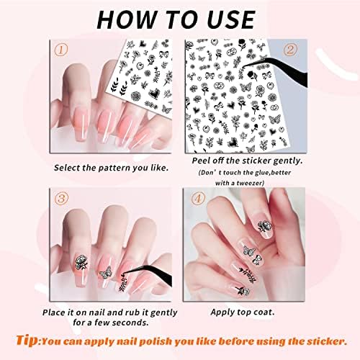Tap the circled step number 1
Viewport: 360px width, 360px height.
pyautogui.click(x=61, y=50)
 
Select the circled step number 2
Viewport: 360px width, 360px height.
pyautogui.click(x=290, y=50)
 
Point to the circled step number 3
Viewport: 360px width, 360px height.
pyautogui.click(x=61, y=198)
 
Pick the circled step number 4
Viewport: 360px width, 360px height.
pyautogui.click(x=198, y=198)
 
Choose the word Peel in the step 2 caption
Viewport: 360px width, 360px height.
pyautogui.click(x=201, y=161)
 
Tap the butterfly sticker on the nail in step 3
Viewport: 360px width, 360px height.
pyautogui.click(x=105, y=273)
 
